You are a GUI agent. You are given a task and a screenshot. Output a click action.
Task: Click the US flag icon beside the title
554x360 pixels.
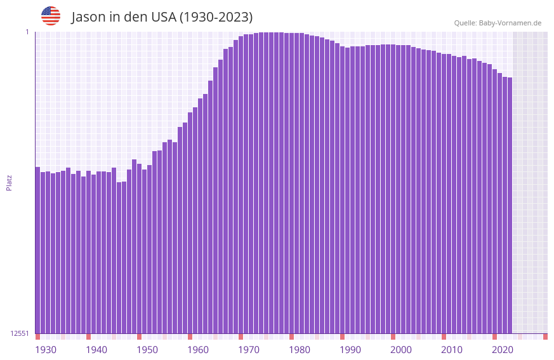(51, 16)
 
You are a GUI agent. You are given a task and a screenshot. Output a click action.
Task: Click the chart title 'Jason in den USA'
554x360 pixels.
(162, 17)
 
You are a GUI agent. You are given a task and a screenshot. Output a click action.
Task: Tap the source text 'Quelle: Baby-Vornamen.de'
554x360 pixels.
(498, 23)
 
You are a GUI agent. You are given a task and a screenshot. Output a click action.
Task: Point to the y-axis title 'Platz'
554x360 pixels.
(9, 182)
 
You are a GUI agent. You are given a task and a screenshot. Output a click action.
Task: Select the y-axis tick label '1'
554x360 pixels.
(27, 32)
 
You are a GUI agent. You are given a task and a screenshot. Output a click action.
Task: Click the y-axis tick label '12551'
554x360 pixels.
(20, 333)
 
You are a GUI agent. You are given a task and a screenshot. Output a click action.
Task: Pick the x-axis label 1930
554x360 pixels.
(46, 350)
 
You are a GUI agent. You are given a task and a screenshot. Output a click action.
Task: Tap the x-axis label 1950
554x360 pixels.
(147, 350)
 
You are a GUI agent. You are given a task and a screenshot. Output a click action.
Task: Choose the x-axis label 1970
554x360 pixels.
(249, 350)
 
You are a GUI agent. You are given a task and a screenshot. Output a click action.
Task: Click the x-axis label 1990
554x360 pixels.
(350, 350)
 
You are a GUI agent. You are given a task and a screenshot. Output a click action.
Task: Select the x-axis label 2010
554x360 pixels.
(452, 350)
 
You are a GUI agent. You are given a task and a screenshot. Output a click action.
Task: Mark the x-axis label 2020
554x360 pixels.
(503, 350)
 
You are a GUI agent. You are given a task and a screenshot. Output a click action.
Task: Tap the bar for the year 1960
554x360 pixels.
(190, 222)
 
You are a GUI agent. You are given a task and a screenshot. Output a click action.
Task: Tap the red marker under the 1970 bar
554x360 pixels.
(241, 337)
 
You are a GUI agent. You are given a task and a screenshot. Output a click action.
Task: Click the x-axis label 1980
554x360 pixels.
(300, 350)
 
